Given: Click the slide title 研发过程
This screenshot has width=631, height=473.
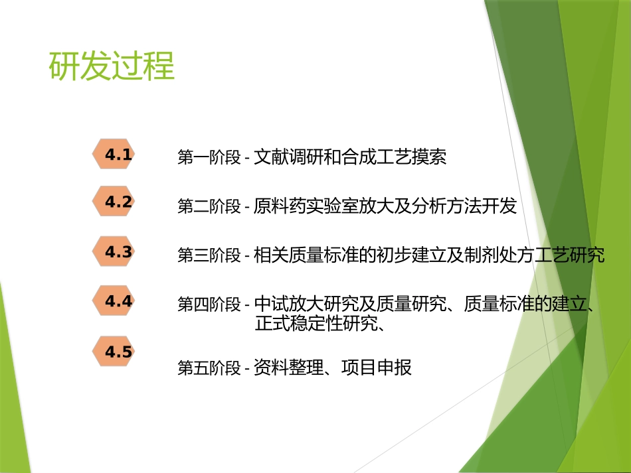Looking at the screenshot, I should tap(112, 67).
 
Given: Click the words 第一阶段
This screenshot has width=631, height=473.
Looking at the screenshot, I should tap(209, 158).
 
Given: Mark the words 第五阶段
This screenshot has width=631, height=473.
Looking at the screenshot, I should tap(209, 368).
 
